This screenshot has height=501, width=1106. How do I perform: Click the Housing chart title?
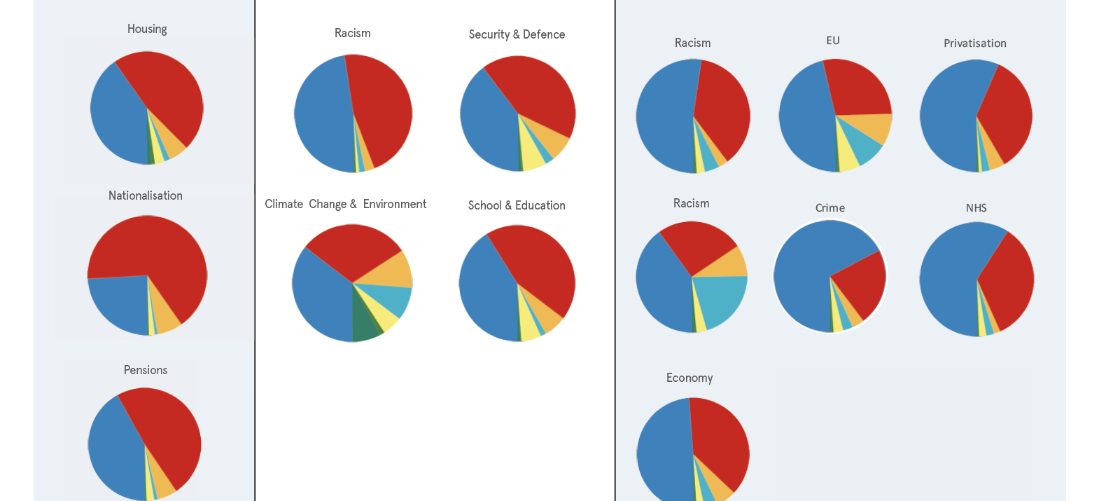pyautogui.click(x=147, y=29)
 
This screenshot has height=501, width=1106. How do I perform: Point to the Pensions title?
pyautogui.click(x=146, y=370)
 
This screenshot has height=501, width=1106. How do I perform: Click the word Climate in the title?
pyautogui.click(x=283, y=204)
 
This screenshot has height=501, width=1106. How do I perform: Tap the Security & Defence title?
pyautogui.click(x=517, y=34)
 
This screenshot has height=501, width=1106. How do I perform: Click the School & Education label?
pyautogui.click(x=517, y=205)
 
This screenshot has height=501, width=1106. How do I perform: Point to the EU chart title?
pyautogui.click(x=833, y=41)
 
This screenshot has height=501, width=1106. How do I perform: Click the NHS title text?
pyautogui.click(x=976, y=208)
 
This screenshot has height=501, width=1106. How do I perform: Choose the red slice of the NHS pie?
pyautogui.click(x=1008, y=280)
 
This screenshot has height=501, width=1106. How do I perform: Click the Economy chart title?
pyautogui.click(x=689, y=378)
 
